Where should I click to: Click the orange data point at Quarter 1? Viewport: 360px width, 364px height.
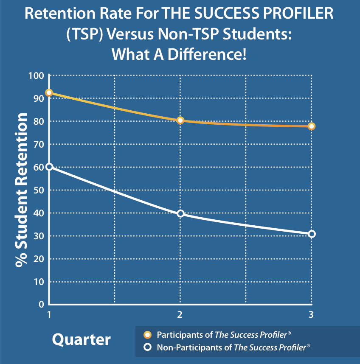click(x=49, y=93)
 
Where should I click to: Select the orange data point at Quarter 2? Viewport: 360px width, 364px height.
click(x=180, y=120)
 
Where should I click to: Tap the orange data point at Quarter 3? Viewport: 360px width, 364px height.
click(x=312, y=126)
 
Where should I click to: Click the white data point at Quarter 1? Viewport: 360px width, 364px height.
click(x=49, y=167)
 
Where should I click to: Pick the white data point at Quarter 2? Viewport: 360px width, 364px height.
click(x=180, y=213)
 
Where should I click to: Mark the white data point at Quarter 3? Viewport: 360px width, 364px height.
click(x=312, y=234)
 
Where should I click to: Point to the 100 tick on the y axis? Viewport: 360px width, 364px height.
click(x=36, y=76)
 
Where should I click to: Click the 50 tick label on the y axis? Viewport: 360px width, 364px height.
click(x=39, y=190)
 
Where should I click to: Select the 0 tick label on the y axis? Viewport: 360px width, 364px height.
click(x=42, y=305)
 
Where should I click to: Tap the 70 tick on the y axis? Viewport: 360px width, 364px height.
click(x=39, y=144)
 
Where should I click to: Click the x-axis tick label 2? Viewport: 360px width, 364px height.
click(x=180, y=315)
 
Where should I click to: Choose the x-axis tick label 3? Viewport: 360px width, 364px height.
click(x=311, y=315)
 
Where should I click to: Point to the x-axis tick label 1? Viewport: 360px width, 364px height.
click(x=49, y=315)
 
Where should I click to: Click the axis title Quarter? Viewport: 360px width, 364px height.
click(x=81, y=339)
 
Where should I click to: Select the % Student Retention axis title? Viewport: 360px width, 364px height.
click(x=22, y=190)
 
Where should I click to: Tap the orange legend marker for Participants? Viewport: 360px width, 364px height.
click(x=148, y=334)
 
